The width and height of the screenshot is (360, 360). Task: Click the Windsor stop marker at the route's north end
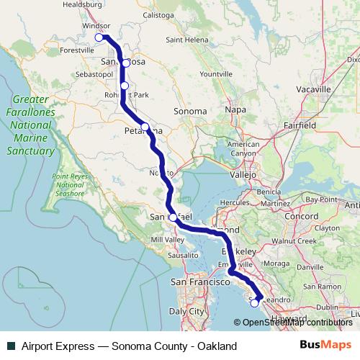99,37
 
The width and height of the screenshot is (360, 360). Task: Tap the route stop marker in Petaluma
145,127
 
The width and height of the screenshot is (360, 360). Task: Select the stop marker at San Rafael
173,217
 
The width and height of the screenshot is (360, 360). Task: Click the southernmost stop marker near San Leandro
254,303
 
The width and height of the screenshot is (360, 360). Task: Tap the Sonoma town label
191,112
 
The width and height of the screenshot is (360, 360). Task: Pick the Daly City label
187,311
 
